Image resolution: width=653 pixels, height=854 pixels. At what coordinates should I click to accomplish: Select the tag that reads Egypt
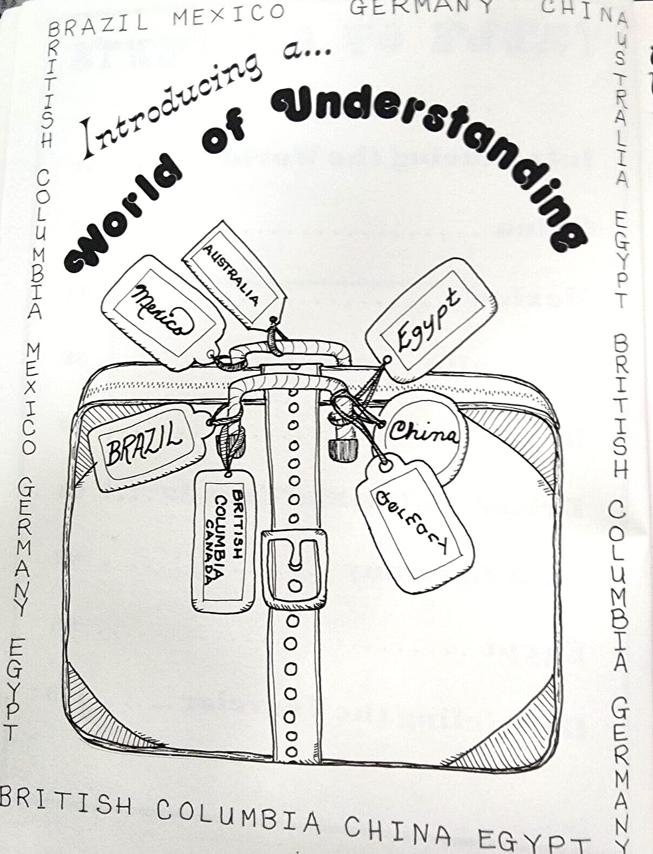click(429, 321)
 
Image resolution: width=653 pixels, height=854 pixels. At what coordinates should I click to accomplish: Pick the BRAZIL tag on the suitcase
click(143, 445)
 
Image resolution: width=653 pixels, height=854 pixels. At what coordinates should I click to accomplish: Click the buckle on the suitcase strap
click(294, 567)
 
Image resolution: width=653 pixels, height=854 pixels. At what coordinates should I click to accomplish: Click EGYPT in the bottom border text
click(532, 842)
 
